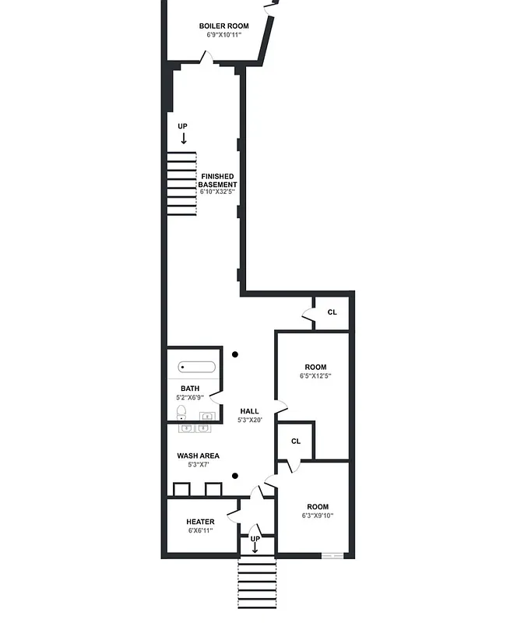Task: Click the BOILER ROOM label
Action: pos(223,26)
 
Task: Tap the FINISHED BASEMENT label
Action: pos(217,181)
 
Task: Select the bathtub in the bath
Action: pos(197,367)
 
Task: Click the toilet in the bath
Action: pos(181,412)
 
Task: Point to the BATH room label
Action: pos(190,389)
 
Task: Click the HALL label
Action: pos(249,411)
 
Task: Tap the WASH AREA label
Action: pos(198,456)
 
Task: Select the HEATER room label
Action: pos(200,522)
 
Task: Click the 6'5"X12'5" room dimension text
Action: pos(315,376)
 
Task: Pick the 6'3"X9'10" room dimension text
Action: pos(317,516)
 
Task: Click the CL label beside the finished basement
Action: pos(332,312)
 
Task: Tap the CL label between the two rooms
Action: pos(296,441)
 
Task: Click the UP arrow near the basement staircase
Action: pos(183,138)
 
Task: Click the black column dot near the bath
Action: pos(235,355)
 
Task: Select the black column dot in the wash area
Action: pos(235,475)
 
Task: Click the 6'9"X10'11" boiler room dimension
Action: pos(223,35)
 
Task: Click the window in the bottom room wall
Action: pos(332,556)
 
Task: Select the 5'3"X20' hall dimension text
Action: pos(249,421)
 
